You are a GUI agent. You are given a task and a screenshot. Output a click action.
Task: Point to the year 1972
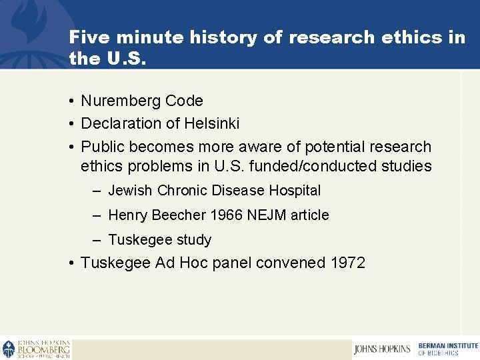click(x=347, y=263)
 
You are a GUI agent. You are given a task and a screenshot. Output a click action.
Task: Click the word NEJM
click(x=257, y=215)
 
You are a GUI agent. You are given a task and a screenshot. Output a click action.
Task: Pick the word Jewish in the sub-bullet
click(x=130, y=191)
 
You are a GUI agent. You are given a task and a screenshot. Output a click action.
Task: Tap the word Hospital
click(x=295, y=191)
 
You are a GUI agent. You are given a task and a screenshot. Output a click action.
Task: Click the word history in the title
click(x=223, y=37)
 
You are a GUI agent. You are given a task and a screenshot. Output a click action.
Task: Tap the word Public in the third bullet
click(x=103, y=147)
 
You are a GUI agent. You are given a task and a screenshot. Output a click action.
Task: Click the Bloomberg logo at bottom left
click(x=37, y=349)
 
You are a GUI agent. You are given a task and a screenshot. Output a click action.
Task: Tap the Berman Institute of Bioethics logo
click(x=447, y=349)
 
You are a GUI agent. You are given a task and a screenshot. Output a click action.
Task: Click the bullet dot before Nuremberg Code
click(x=71, y=101)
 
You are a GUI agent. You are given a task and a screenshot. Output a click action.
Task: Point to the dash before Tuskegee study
click(x=97, y=240)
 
